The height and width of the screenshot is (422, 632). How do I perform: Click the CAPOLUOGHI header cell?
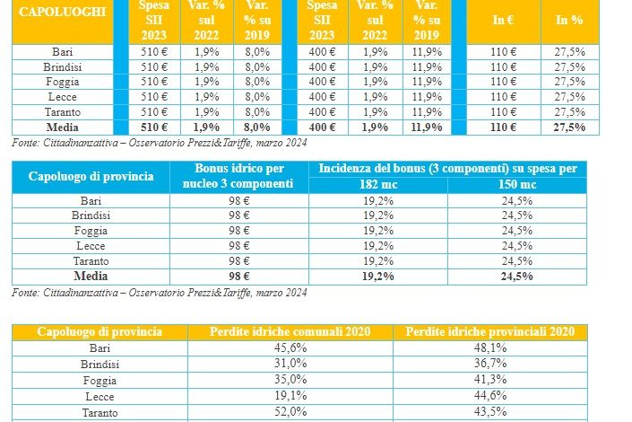pyautogui.click(x=63, y=13)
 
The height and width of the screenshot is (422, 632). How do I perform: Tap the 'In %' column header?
pyautogui.click(x=569, y=18)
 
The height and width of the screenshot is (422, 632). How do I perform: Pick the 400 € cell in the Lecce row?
pyautogui.click(x=321, y=97)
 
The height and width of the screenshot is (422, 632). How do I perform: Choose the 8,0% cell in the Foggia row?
pyautogui.click(x=257, y=82)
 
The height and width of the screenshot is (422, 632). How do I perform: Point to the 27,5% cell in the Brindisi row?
pyautogui.click(x=569, y=67)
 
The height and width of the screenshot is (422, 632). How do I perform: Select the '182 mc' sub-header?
pyautogui.click(x=377, y=185)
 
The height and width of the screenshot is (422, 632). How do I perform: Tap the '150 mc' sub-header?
pyautogui.click(x=517, y=185)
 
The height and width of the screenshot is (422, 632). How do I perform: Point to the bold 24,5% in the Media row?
pyautogui.click(x=517, y=276)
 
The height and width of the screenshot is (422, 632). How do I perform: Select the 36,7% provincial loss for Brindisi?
pyautogui.click(x=489, y=365)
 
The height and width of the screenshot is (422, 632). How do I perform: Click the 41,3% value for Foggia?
pyautogui.click(x=489, y=380)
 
